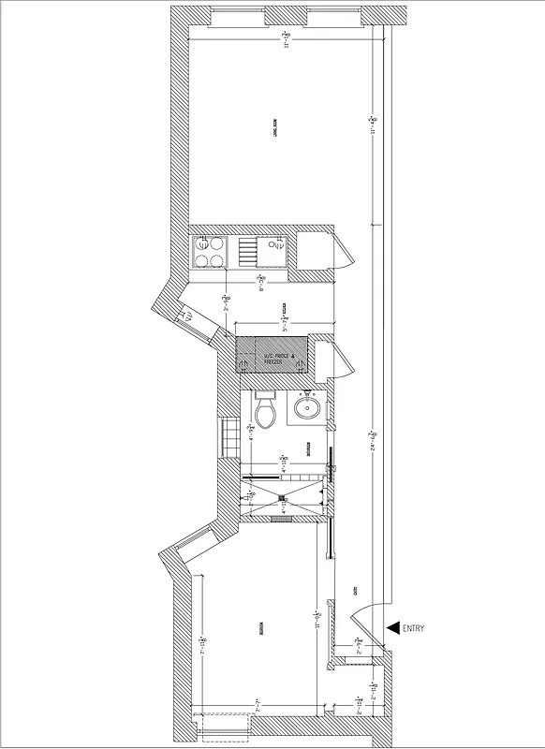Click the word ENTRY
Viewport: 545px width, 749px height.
tap(413, 628)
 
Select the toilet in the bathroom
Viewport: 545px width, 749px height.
tap(265, 411)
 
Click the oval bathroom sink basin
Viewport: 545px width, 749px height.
tap(306, 407)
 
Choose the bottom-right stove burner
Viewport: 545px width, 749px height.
tap(218, 260)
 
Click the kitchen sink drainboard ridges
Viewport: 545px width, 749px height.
tap(247, 252)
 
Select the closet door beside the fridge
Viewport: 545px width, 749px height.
tap(343, 359)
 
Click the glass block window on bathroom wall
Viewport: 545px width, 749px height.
tap(228, 436)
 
